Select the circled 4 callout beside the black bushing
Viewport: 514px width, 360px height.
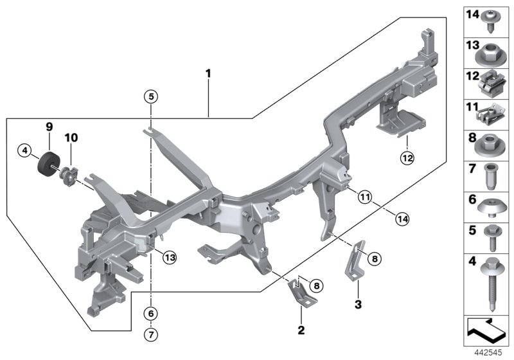point(25,151)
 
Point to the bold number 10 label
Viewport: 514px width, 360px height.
point(71,138)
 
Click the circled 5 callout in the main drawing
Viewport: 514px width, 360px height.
point(150,97)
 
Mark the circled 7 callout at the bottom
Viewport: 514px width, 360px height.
point(150,334)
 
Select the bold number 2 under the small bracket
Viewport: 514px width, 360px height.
point(300,333)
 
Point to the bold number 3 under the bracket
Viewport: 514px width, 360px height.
point(358,302)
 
